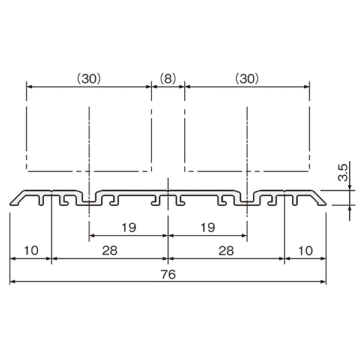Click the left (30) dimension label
[x=89, y=79]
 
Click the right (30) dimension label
[x=247, y=79]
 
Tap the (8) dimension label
[x=168, y=79]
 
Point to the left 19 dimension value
[x=129, y=227]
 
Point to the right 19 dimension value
[x=208, y=227]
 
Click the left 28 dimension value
[x=110, y=250]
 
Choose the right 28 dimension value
[x=226, y=250]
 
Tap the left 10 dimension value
[x=31, y=250]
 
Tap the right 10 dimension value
[x=305, y=250]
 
